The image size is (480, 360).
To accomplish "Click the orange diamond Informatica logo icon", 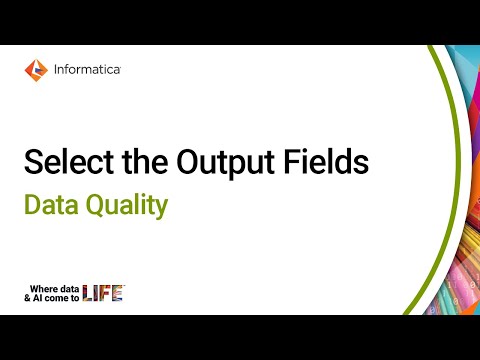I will click(35, 71).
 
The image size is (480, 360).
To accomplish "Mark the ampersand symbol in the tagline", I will click(29, 297).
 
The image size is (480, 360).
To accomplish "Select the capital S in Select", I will click(32, 163).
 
